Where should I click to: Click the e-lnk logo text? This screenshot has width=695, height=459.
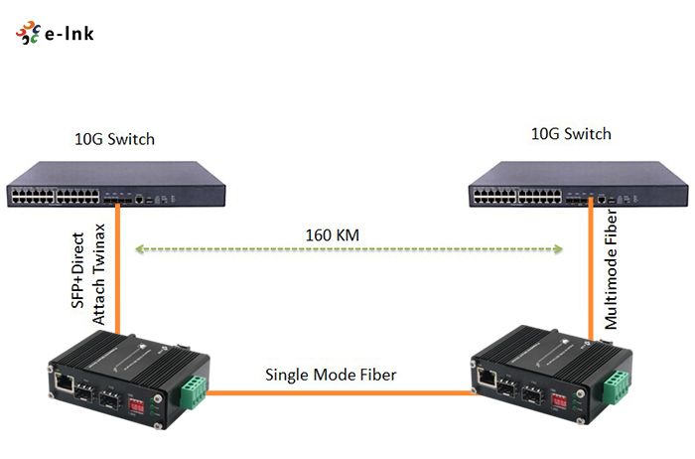pyautogui.click(x=69, y=35)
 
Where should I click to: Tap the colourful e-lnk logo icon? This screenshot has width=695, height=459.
pyautogui.click(x=27, y=35)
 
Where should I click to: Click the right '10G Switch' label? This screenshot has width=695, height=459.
pyautogui.click(x=572, y=133)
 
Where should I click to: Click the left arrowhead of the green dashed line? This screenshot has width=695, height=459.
pyautogui.click(x=139, y=250)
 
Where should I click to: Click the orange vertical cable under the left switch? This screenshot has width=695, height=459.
pyautogui.click(x=117, y=268)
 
